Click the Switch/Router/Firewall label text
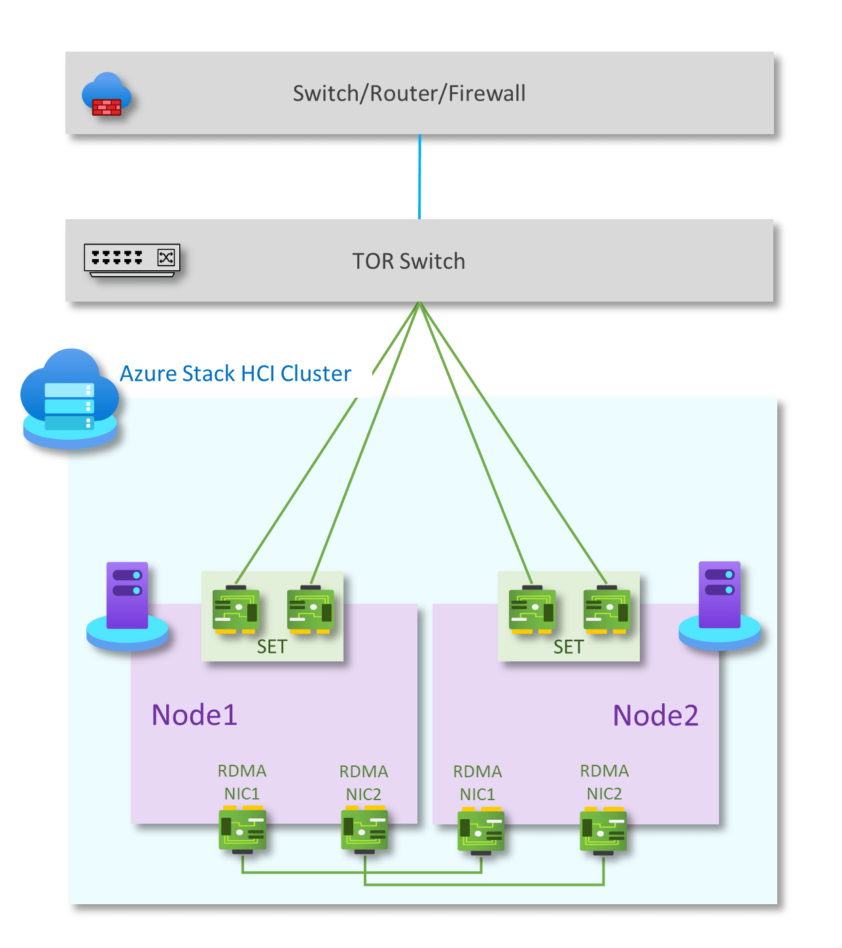[x=409, y=94]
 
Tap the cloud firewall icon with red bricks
[x=106, y=96]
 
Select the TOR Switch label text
[x=408, y=261]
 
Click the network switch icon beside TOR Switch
[x=132, y=260]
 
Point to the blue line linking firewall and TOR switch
[x=419, y=177]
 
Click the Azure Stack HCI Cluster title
[x=236, y=374]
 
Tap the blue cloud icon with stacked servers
[x=70, y=399]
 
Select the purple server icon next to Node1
[x=128, y=605]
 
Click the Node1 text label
[x=194, y=715]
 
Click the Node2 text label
[x=656, y=716]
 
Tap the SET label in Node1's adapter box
[x=272, y=647]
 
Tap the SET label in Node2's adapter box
[x=568, y=647]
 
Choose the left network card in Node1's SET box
[x=236, y=610]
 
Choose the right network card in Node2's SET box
[x=606, y=610]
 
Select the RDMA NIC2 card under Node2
[x=603, y=831]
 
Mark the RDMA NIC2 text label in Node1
[x=364, y=783]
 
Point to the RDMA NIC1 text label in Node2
[x=478, y=783]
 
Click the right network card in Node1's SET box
[x=311, y=610]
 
